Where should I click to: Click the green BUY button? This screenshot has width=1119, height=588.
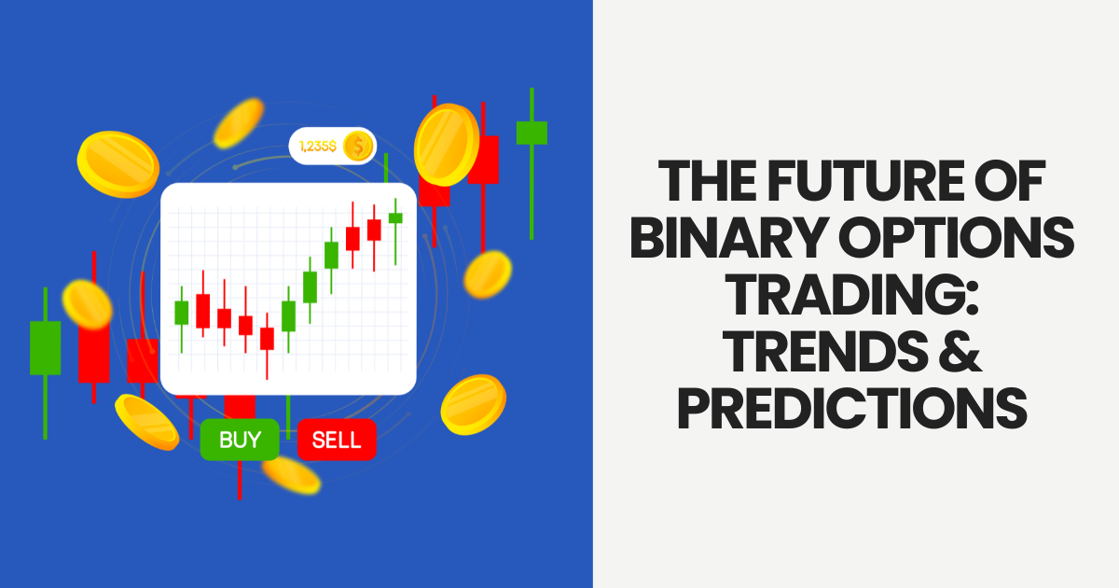click(x=240, y=440)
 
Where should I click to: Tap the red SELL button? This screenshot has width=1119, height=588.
click(x=337, y=440)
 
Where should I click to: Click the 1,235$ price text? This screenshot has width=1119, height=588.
click(x=317, y=146)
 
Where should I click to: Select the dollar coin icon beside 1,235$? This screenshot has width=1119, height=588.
click(x=357, y=146)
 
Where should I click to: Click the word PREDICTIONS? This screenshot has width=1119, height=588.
click(x=853, y=412)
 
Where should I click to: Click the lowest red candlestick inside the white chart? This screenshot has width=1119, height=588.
click(x=267, y=338)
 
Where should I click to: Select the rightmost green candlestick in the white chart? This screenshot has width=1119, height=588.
click(x=395, y=217)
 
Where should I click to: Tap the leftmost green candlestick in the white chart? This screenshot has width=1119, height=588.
click(x=182, y=313)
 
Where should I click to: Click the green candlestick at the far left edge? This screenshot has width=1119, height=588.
click(x=45, y=347)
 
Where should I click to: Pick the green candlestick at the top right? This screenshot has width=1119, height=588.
click(x=532, y=133)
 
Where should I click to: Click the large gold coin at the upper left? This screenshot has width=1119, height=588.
click(x=117, y=163)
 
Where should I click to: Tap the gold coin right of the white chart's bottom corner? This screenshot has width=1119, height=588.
click(x=473, y=403)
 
